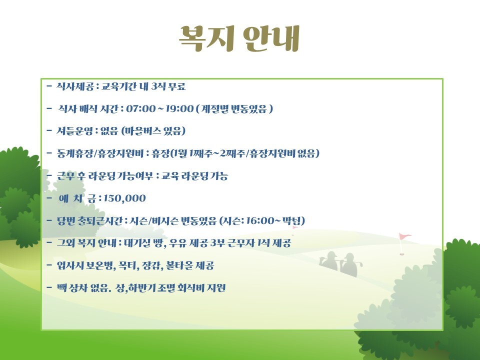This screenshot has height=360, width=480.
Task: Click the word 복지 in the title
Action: (x=206, y=38)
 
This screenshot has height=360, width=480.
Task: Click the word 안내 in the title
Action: (x=271, y=38)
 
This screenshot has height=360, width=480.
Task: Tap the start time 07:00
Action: (x=141, y=108)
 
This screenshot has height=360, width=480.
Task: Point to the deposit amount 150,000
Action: (x=125, y=198)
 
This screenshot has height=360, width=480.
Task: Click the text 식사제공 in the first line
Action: (x=75, y=86)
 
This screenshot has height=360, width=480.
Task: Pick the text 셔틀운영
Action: (x=74, y=131)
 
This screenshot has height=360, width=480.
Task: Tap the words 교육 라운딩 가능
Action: (x=194, y=176)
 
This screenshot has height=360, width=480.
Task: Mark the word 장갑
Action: (x=151, y=265)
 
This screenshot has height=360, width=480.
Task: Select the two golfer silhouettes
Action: (x=340, y=264)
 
